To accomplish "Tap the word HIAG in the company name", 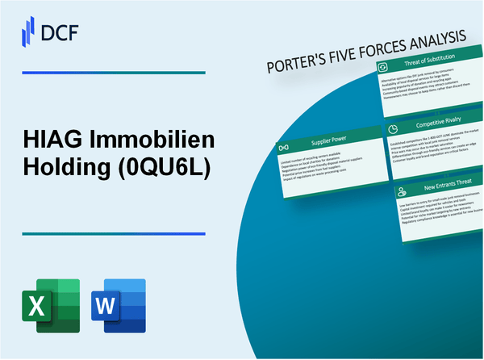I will pos(48,143).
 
